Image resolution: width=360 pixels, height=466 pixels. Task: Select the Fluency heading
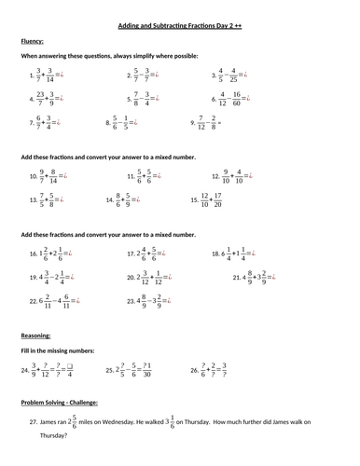click(34, 42)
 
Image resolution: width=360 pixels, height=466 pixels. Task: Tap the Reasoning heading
click(36, 334)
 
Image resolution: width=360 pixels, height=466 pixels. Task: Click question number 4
click(35, 98)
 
